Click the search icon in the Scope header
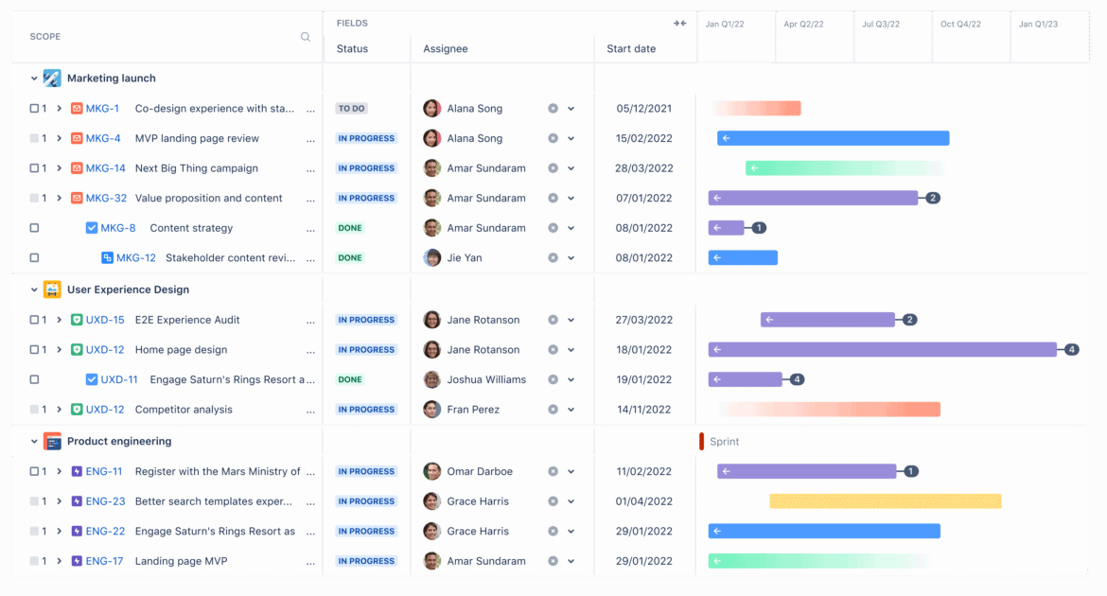pyautogui.click(x=306, y=37)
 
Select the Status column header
pyautogui.click(x=352, y=49)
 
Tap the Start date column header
pyautogui.click(x=631, y=49)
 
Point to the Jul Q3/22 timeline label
pyautogui.click(x=881, y=25)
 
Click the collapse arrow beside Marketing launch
pyautogui.click(x=34, y=79)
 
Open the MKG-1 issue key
pyautogui.click(x=102, y=109)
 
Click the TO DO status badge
pyautogui.click(x=351, y=109)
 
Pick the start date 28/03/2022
pyautogui.click(x=643, y=168)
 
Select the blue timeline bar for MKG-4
pyautogui.click(x=833, y=138)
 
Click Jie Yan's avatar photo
pyautogui.click(x=432, y=257)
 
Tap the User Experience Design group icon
pyautogui.click(x=52, y=289)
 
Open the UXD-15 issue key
pyautogui.click(x=105, y=320)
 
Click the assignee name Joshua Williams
pyautogui.click(x=486, y=379)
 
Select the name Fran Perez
pyautogui.click(x=473, y=410)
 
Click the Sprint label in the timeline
pyautogui.click(x=724, y=442)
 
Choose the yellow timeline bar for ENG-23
pyautogui.click(x=885, y=501)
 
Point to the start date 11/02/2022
pyautogui.click(x=643, y=471)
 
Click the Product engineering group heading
pyautogui.click(x=119, y=442)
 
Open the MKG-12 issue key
pyautogui.click(x=135, y=257)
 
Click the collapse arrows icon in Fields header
pyautogui.click(x=679, y=24)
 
